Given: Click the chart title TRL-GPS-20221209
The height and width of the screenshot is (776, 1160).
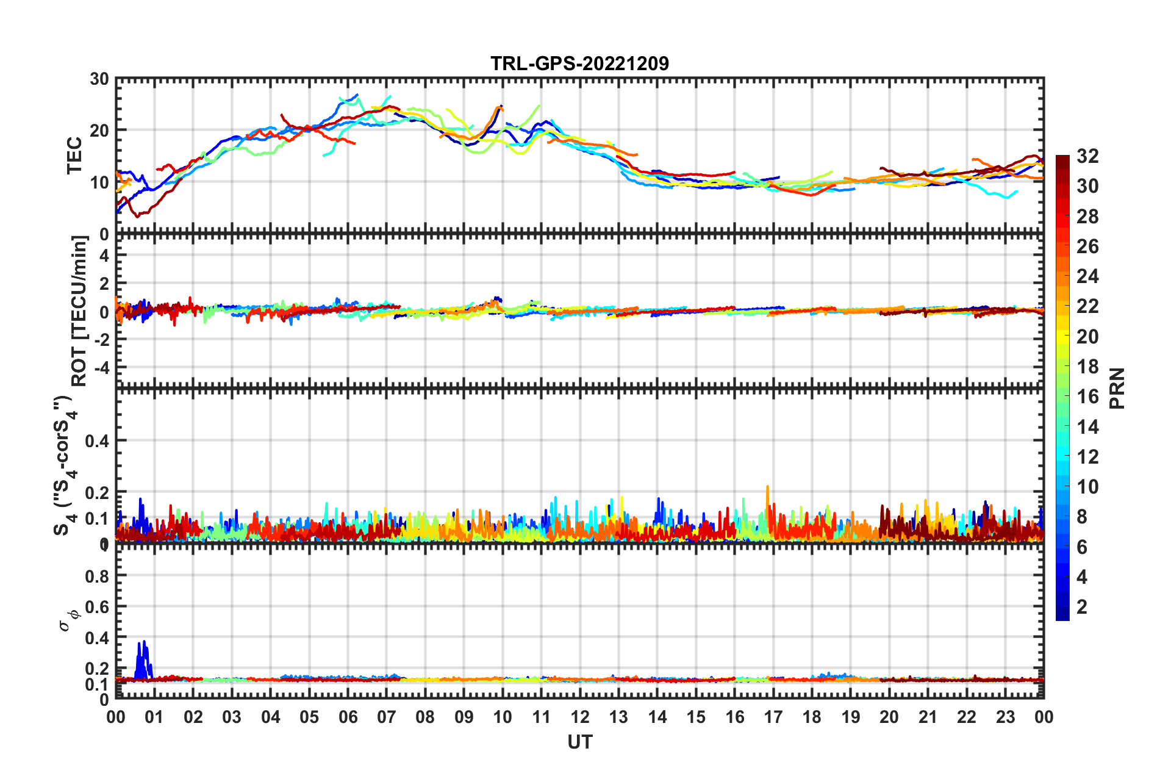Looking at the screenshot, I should point(579,63).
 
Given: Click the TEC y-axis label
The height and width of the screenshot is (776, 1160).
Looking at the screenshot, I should point(74,156).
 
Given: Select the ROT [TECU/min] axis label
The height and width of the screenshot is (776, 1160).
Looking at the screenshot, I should point(79,311).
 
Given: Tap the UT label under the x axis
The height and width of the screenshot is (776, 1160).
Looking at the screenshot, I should point(579,742).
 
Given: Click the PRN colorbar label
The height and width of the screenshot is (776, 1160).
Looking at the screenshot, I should point(1117,388).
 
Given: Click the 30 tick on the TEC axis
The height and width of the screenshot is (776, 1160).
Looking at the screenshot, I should point(99,79).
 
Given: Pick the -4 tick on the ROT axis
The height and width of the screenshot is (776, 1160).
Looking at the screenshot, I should point(101,368).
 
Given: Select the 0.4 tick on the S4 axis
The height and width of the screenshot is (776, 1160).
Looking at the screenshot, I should point(97,440).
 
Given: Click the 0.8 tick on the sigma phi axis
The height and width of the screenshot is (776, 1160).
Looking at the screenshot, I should point(97,576).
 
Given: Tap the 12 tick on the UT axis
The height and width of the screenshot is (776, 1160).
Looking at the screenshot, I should point(580,717).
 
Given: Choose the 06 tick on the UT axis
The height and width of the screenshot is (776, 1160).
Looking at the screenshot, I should point(348,717).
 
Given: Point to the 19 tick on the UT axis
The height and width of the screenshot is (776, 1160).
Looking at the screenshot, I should point(851,717).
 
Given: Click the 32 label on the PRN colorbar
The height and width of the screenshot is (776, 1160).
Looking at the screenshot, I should point(1087,156).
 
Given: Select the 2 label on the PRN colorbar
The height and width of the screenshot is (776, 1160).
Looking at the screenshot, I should point(1082,606).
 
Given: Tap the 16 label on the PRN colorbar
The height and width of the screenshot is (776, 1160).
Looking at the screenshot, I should point(1087,397).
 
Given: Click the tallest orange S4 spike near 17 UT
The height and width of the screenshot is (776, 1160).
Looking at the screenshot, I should point(768,488).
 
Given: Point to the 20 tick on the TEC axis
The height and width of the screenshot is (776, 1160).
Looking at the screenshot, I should point(99,131).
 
